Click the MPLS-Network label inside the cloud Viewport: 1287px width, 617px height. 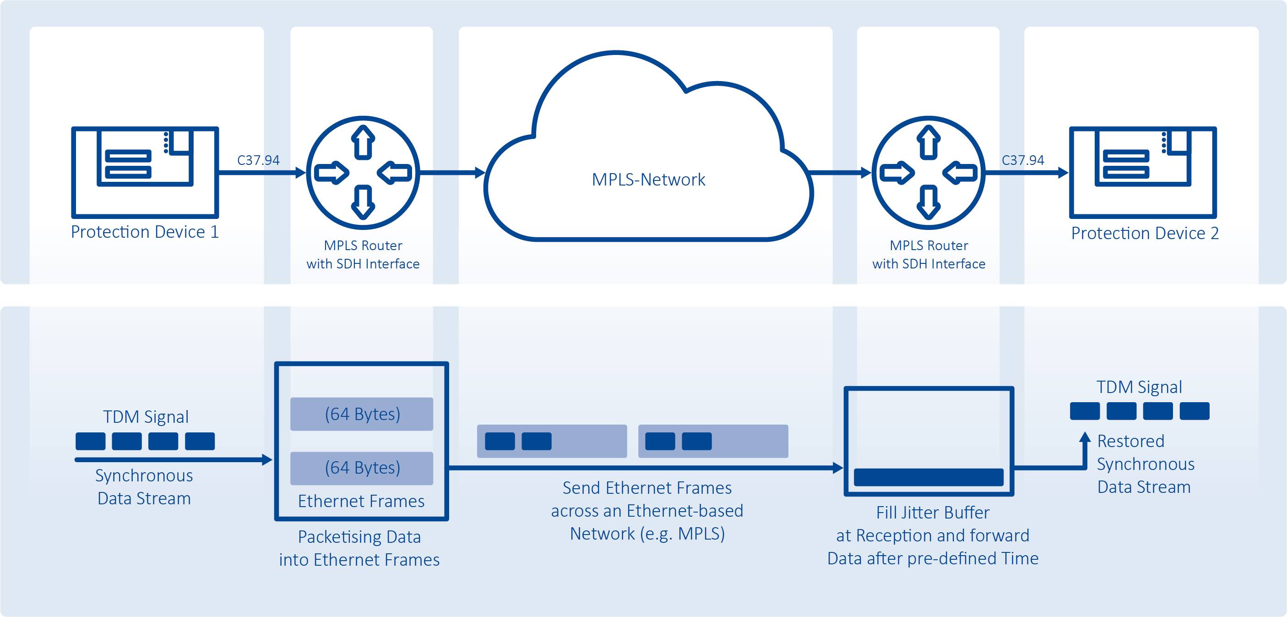click(648, 180)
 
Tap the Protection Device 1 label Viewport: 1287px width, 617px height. click(145, 232)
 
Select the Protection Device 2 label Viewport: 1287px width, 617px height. click(1145, 234)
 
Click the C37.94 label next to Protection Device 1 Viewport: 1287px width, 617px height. click(258, 160)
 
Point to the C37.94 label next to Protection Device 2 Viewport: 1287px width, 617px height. click(1023, 160)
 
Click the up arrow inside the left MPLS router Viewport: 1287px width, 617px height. click(363, 142)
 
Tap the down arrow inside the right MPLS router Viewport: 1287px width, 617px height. click(929, 202)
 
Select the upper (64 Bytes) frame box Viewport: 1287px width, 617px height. click(362, 414)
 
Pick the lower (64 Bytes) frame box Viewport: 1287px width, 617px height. click(362, 468)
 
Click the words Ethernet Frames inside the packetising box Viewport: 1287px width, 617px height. click(361, 501)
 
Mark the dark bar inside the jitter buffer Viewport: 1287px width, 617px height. click(928, 477)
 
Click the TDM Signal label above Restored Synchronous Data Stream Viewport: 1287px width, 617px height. click(1139, 387)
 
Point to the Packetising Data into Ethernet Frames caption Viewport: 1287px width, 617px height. click(359, 548)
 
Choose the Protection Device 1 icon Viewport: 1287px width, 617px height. click(145, 173)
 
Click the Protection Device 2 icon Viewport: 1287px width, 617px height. click(1143, 173)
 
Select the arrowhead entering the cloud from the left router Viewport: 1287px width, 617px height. click(480, 173)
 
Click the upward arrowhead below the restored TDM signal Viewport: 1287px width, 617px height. click(1085, 437)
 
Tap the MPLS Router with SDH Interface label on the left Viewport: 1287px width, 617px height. click(363, 255)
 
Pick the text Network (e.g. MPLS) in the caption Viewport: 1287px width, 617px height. click(647, 534)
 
